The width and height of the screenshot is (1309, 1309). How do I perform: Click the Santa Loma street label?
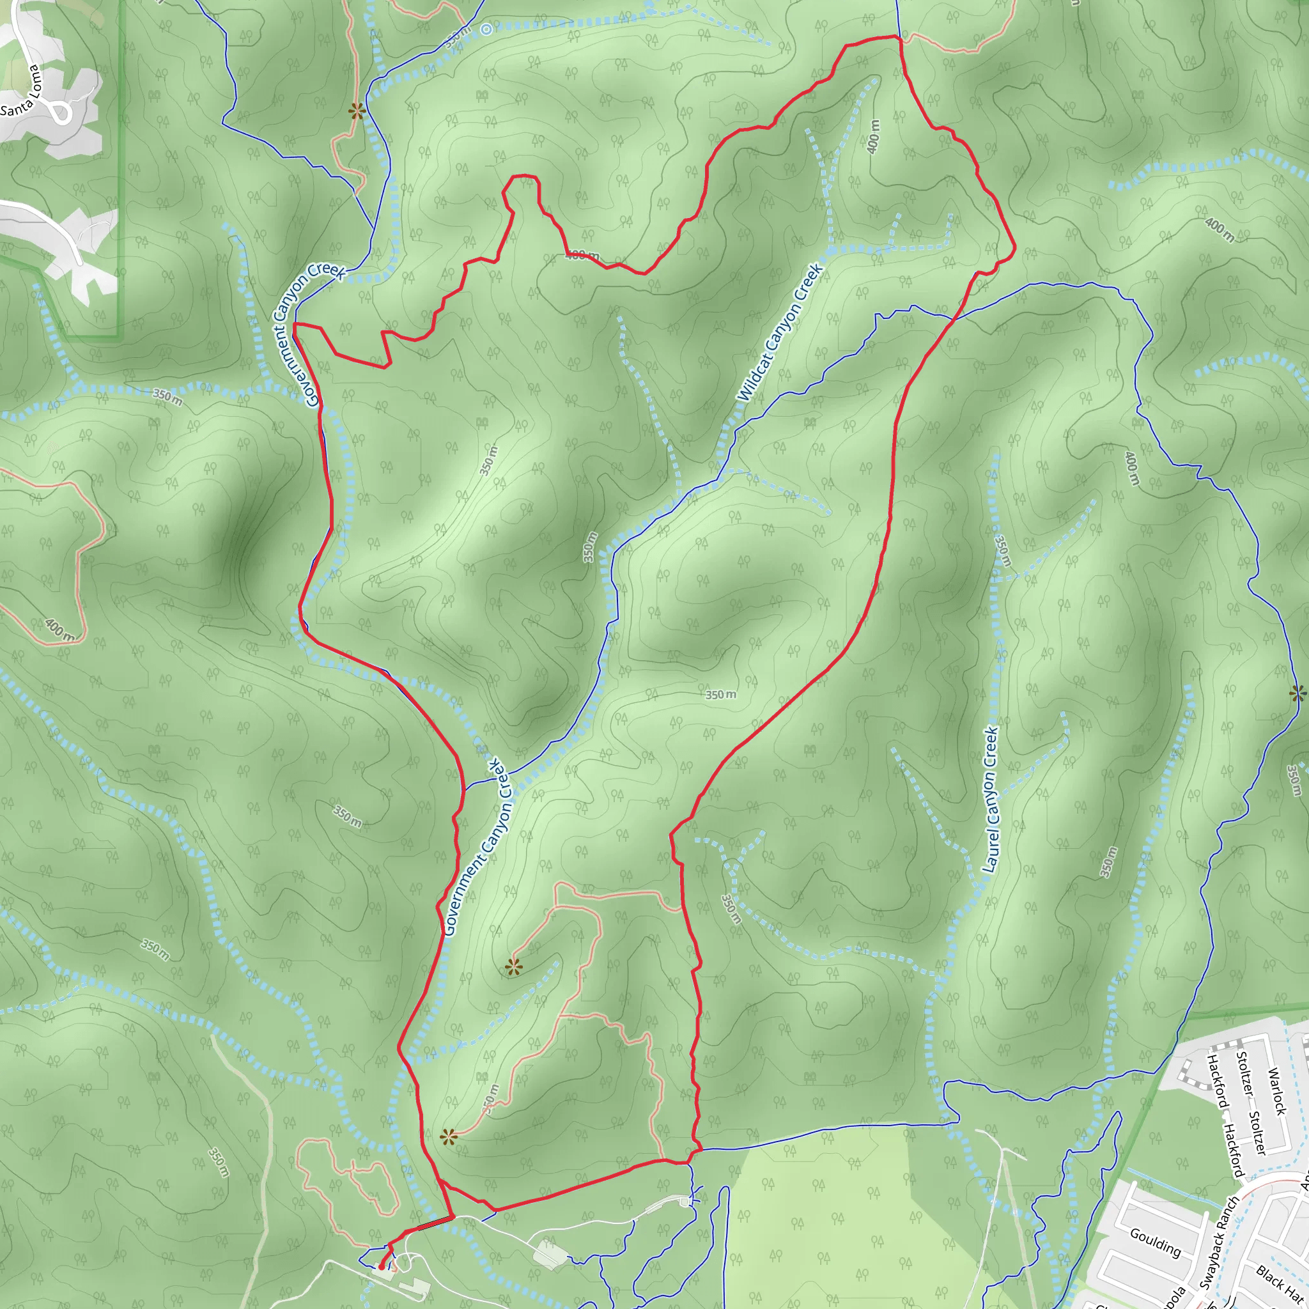pyautogui.click(x=22, y=91)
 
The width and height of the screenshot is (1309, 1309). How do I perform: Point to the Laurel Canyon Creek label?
pyautogui.click(x=991, y=800)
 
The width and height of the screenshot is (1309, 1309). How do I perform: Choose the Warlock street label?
pyautogui.click(x=1276, y=1092)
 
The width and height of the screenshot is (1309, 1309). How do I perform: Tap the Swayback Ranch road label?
pyautogui.click(x=1219, y=1242)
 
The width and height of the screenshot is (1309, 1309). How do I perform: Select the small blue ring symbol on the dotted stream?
pyautogui.click(x=486, y=29)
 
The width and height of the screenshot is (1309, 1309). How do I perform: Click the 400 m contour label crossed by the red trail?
pyautogui.click(x=582, y=256)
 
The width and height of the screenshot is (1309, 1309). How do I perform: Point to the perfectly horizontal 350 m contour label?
pyautogui.click(x=720, y=695)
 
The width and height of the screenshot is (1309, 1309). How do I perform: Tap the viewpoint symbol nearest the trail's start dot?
pyautogui.click(x=448, y=1137)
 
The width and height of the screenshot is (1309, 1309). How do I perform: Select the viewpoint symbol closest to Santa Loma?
pyautogui.click(x=357, y=111)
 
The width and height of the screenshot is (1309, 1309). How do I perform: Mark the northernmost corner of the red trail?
pyautogui.click(x=899, y=36)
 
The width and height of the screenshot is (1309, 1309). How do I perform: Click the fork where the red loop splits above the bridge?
pyautogui.click(x=440, y=1182)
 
